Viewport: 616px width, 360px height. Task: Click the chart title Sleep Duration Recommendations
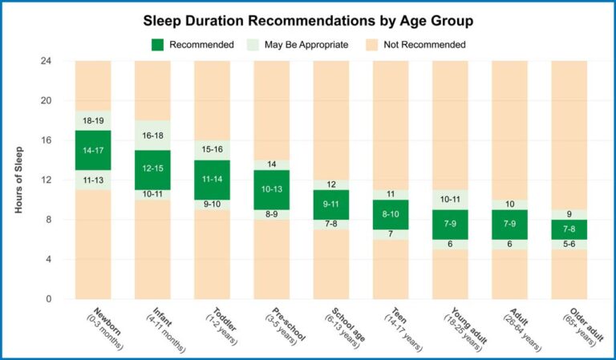tap(309, 19)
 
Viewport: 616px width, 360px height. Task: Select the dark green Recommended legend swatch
tap(158, 44)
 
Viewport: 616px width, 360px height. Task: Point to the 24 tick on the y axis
tap(46, 61)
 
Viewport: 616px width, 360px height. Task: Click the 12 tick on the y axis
tap(46, 180)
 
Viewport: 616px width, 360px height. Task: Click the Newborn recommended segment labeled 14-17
tap(92, 150)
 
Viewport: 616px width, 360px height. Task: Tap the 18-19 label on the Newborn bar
tap(92, 120)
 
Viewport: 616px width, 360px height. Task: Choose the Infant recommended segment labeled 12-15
tap(152, 169)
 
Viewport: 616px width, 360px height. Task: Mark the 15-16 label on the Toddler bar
tap(211, 150)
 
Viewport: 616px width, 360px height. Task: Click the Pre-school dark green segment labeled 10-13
tap(271, 189)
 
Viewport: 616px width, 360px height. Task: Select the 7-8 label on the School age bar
tap(330, 224)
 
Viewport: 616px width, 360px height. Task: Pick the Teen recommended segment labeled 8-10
tap(390, 214)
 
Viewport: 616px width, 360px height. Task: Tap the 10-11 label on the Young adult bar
tap(449, 200)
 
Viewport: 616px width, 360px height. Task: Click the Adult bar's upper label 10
tap(509, 204)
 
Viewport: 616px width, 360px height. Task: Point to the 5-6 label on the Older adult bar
tap(569, 244)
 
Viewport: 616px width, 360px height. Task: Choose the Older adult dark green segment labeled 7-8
tap(569, 229)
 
